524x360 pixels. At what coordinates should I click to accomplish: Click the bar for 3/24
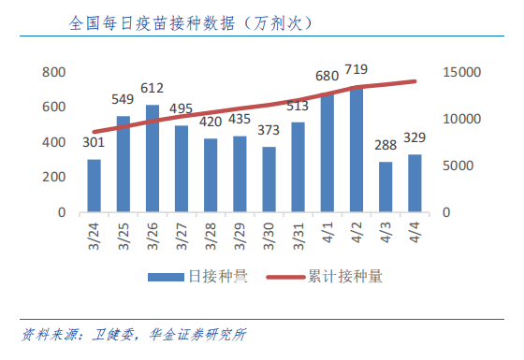(x=94, y=185)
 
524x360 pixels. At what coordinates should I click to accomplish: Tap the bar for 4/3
(x=386, y=187)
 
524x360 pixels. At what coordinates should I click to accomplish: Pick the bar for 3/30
(x=269, y=180)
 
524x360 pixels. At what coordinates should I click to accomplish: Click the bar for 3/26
(x=152, y=158)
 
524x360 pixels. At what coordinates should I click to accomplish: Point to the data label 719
(x=357, y=70)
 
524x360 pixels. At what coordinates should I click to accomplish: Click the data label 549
(x=124, y=100)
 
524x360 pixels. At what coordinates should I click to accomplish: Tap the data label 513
(x=298, y=106)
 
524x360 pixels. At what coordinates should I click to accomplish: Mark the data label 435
(x=240, y=120)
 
